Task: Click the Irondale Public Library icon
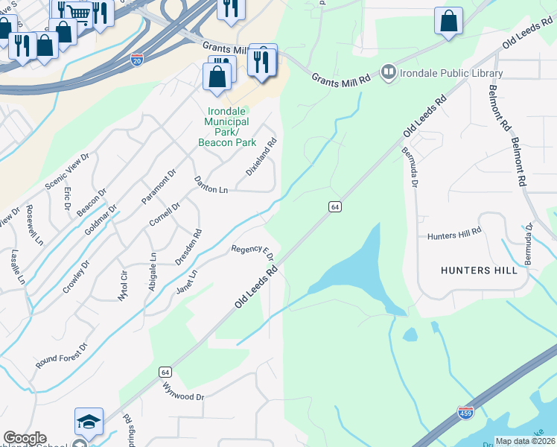pos(388,73)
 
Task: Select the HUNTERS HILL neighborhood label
pos(479,270)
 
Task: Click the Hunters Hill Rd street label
pos(454,235)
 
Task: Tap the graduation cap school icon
pos(89,422)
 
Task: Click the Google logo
pos(25,438)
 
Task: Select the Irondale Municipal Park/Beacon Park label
pos(227,127)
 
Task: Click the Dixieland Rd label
pos(262,156)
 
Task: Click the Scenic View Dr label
pos(67,171)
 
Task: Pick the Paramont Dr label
pos(159,186)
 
